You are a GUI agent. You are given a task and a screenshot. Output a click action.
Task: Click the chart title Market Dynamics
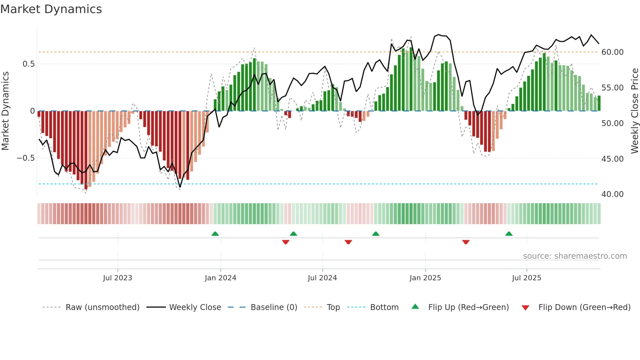(x=51, y=9)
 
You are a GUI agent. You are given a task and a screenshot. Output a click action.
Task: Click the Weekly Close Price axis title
(x=634, y=111)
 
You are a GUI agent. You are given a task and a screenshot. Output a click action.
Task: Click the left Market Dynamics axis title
(x=5, y=111)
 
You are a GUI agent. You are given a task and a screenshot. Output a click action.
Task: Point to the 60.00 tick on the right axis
(x=612, y=52)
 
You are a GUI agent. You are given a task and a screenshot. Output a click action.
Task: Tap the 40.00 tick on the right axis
(x=612, y=194)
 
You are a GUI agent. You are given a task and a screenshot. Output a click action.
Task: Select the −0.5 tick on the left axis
(x=25, y=158)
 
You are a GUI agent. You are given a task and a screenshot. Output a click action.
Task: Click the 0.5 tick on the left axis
(x=28, y=64)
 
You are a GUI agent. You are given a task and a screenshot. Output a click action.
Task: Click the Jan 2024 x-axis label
(x=220, y=278)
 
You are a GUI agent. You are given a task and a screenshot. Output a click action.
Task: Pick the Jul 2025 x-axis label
(x=526, y=278)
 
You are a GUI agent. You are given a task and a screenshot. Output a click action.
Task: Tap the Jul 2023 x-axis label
(x=118, y=278)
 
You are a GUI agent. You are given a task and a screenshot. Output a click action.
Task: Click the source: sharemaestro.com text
(x=575, y=256)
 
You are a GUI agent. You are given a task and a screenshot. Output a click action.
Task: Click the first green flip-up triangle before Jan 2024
(x=215, y=234)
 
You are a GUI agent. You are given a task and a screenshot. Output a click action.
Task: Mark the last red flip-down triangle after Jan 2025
(x=466, y=242)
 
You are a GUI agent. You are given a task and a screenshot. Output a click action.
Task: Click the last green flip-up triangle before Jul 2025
(x=509, y=234)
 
